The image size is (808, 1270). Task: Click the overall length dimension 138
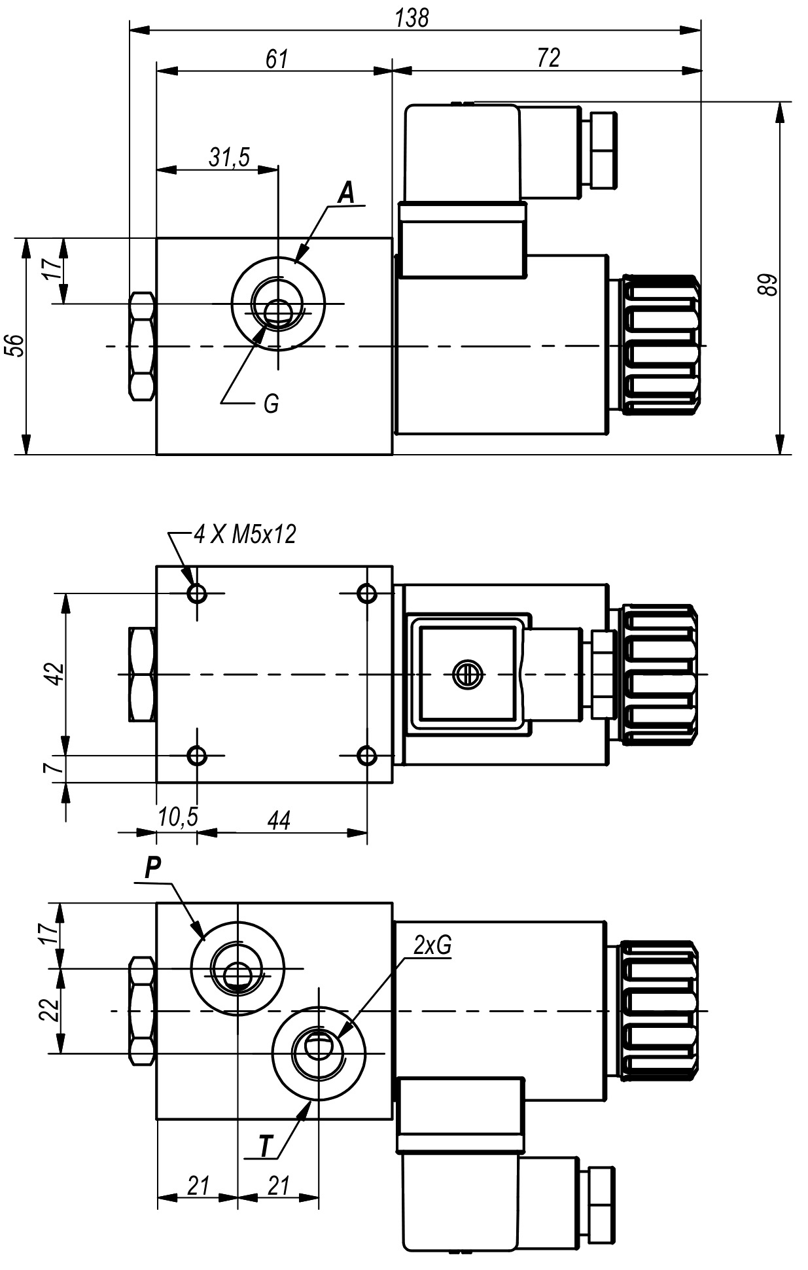tap(412, 18)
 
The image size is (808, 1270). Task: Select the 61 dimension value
tap(277, 59)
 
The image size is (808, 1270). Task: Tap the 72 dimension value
tap(548, 58)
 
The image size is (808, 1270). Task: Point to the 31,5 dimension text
tap(229, 158)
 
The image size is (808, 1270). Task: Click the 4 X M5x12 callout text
tap(245, 535)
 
